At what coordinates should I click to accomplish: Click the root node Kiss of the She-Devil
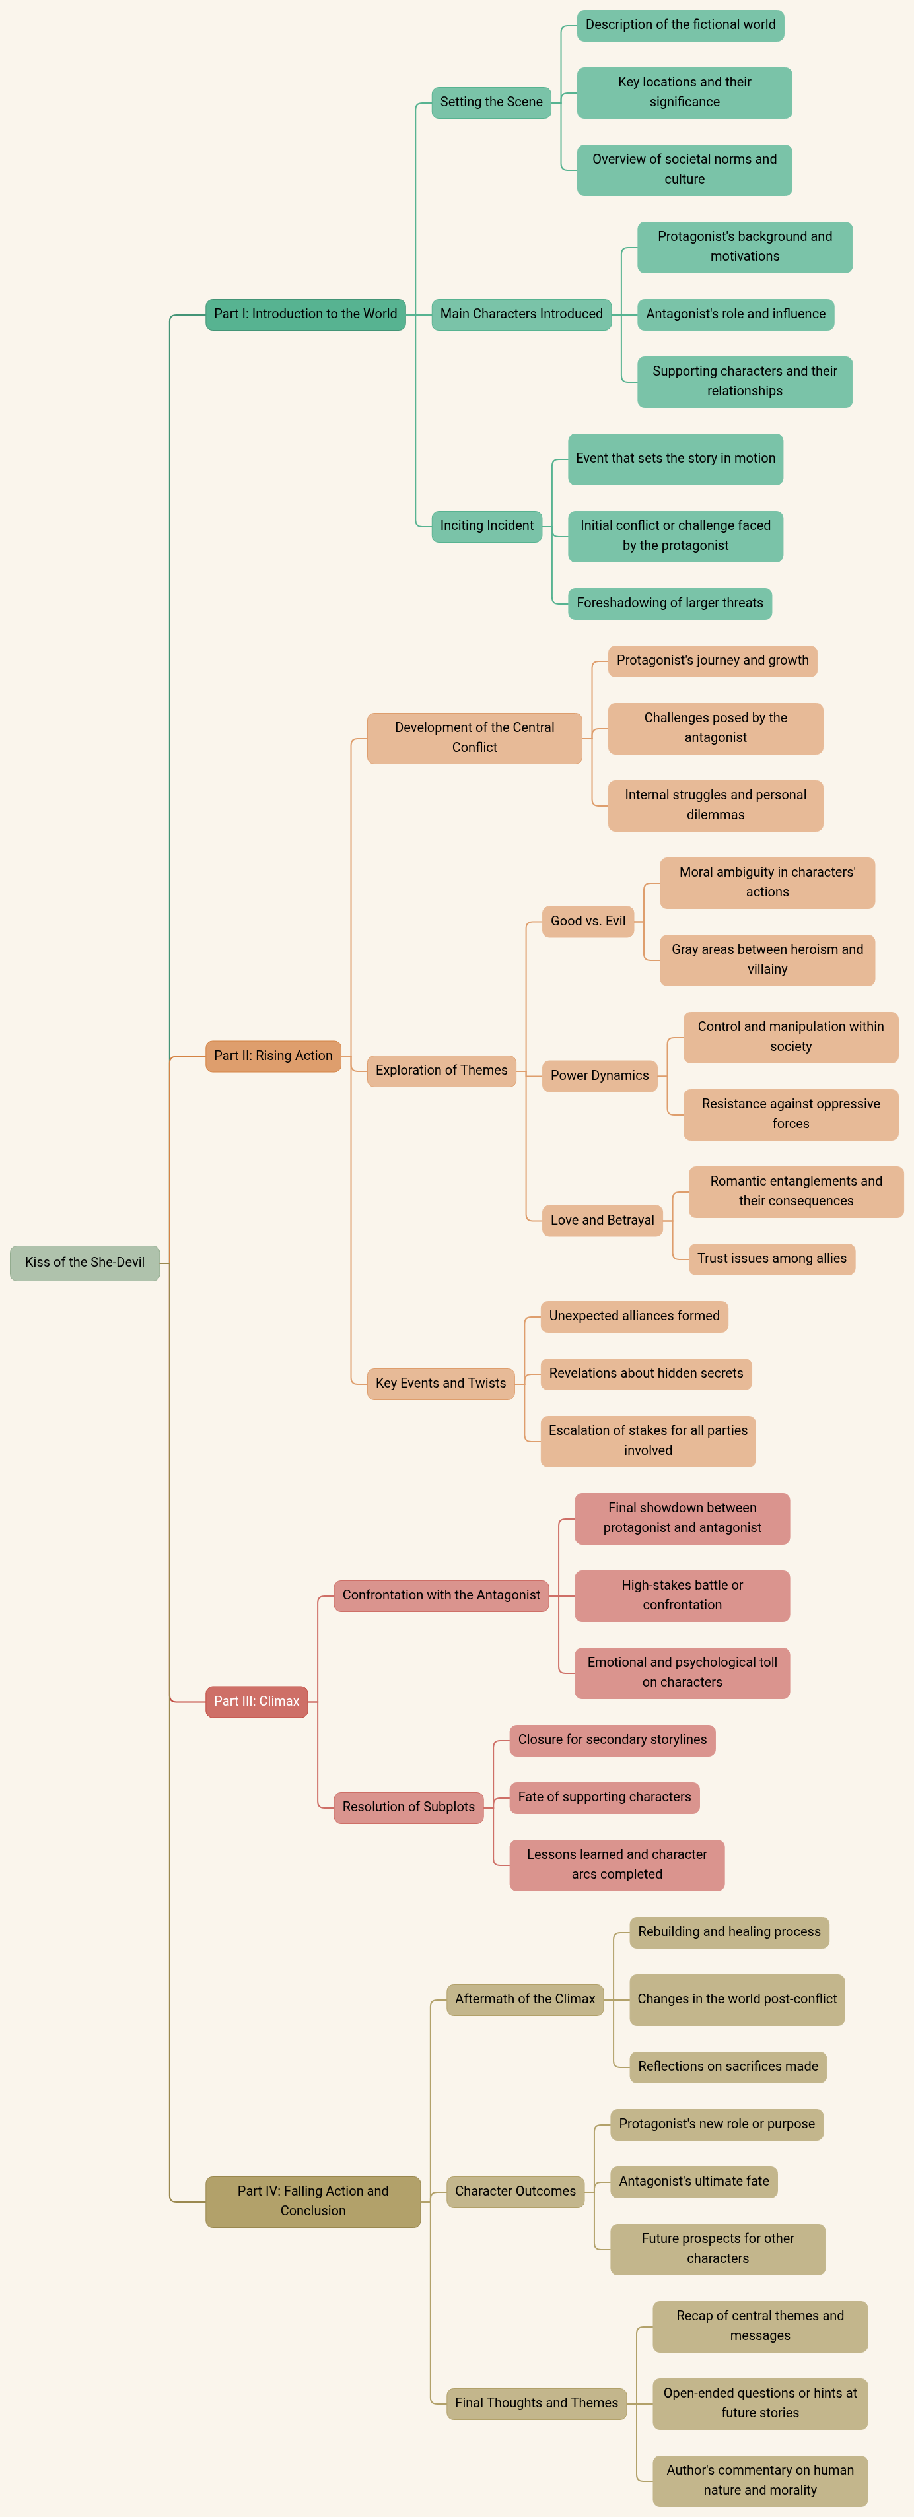tap(85, 1262)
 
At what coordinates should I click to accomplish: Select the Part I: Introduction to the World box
tap(305, 314)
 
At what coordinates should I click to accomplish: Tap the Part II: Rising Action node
tap(273, 1056)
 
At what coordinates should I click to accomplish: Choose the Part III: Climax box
tap(256, 1701)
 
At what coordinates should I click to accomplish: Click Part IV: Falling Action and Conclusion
tap(313, 2200)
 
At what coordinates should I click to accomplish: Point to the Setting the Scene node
tap(491, 102)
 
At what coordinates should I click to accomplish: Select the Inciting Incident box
tap(487, 525)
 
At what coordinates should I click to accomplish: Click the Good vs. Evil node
tap(588, 920)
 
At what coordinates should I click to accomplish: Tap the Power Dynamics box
tap(599, 1075)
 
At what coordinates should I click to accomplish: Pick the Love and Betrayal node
tap(602, 1219)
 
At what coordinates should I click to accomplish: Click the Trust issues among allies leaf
tap(771, 1258)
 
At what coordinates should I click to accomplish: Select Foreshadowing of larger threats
tap(670, 603)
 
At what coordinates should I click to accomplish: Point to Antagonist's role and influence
tap(735, 314)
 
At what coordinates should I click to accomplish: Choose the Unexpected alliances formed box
tap(633, 1315)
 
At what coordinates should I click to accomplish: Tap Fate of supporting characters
tap(604, 1797)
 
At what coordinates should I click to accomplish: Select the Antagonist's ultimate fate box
tap(693, 2181)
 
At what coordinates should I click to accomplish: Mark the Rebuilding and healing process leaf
tap(729, 1931)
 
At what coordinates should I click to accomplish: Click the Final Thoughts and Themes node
tap(536, 2403)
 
